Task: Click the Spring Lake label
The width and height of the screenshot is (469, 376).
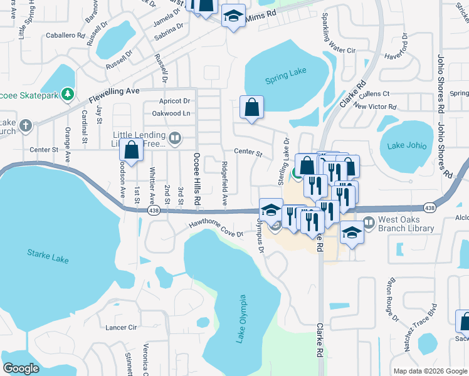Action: click(285, 74)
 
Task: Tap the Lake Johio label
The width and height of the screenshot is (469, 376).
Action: click(407, 146)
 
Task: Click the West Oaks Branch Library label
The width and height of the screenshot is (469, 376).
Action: click(407, 224)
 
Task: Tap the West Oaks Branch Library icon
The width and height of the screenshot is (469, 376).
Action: click(368, 221)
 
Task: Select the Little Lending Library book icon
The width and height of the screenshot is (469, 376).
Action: click(175, 138)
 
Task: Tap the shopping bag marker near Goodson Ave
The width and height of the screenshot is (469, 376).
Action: click(132, 150)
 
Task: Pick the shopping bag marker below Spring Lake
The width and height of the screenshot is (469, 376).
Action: click(251, 107)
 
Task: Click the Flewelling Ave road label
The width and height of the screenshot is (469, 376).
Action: click(113, 95)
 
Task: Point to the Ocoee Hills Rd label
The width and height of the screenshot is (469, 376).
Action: click(196, 179)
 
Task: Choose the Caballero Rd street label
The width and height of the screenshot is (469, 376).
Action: click(64, 36)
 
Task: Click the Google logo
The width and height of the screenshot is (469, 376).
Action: click(21, 368)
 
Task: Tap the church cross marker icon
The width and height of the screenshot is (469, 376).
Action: click(26, 126)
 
